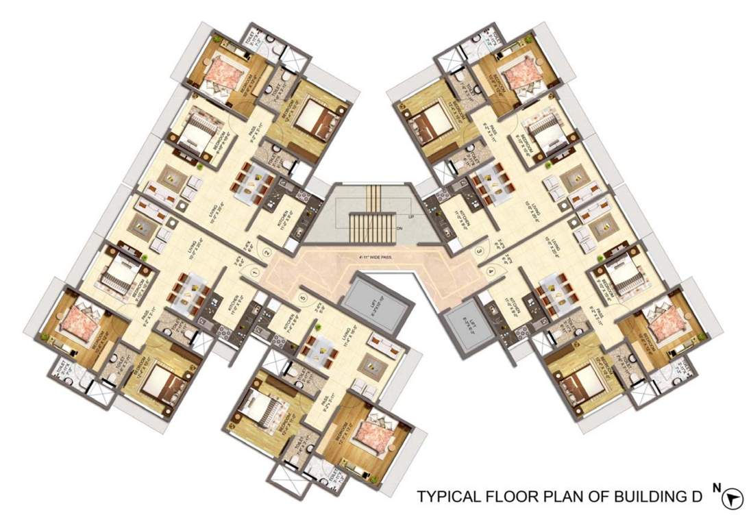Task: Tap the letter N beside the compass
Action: coord(717,488)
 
